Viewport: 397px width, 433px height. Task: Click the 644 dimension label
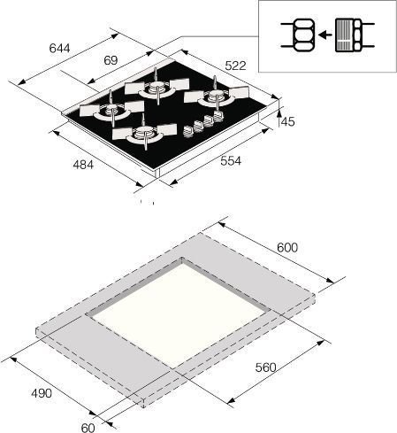coord(59,48)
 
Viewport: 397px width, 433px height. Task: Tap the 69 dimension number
coord(111,60)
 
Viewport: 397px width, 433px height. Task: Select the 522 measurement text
coord(235,66)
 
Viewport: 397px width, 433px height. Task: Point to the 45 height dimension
coord(288,121)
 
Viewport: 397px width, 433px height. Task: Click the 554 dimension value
coord(231,161)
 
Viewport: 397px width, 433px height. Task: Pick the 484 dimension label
coord(83,165)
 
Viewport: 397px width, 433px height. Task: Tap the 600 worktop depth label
coord(287,248)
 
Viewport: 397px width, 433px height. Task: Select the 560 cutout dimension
coord(266,367)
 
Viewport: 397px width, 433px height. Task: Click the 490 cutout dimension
coord(42,393)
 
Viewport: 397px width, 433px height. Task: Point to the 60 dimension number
coord(88,428)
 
